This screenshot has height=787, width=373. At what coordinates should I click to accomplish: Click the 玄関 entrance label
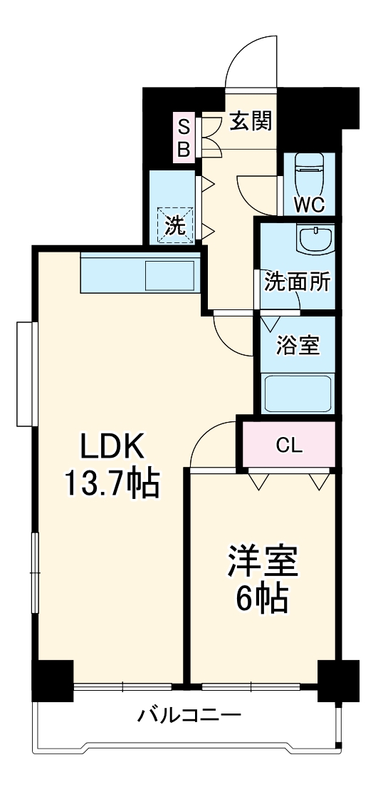click(x=251, y=122)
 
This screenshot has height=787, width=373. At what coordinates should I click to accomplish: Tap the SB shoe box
click(x=184, y=138)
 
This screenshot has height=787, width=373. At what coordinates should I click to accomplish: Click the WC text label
click(x=309, y=205)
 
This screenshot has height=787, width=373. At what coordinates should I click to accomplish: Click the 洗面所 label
click(x=298, y=282)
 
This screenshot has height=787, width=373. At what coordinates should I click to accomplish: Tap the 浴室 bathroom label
click(x=298, y=346)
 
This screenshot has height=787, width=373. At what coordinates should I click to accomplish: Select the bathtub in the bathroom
click(x=298, y=393)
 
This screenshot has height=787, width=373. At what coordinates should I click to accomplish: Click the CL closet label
click(x=290, y=446)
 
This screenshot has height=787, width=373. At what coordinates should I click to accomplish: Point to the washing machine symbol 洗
click(x=176, y=225)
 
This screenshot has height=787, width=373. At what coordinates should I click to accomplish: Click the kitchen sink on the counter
click(x=170, y=275)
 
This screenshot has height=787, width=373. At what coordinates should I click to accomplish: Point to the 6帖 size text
click(x=263, y=601)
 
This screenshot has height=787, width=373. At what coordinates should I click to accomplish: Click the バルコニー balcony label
click(x=189, y=714)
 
